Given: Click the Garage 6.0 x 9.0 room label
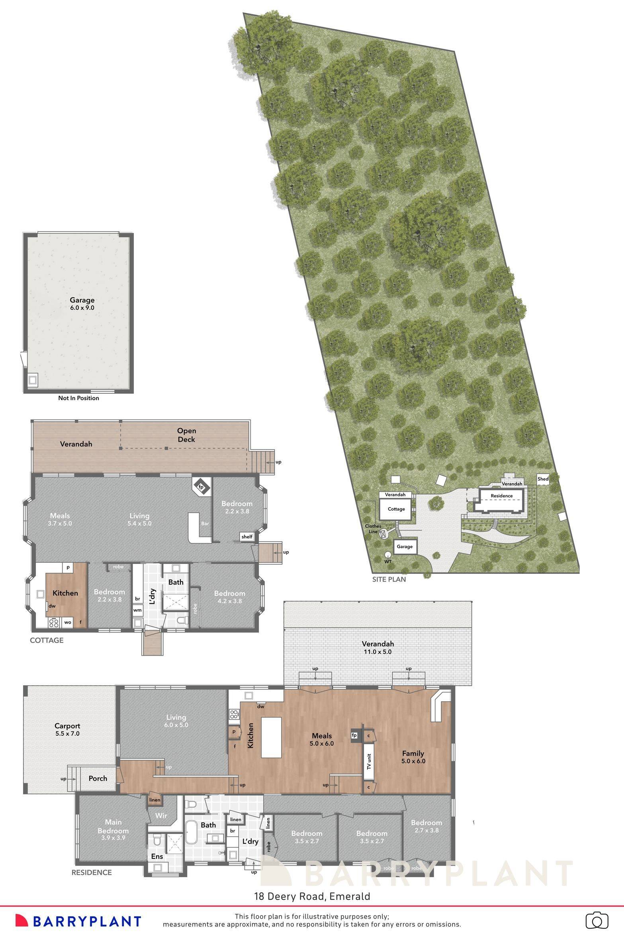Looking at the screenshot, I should click(x=82, y=304).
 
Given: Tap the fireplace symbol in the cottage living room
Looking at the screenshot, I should click(x=201, y=487).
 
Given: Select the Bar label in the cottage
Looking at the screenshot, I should click(x=205, y=523).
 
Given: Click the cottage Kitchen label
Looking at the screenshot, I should click(x=65, y=593).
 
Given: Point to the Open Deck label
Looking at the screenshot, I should click(x=186, y=435).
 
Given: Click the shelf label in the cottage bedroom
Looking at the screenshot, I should click(x=247, y=536).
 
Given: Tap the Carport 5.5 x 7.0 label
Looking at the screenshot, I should click(x=67, y=729).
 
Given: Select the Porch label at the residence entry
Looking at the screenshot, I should click(x=98, y=778).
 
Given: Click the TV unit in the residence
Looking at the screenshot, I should click(x=369, y=761).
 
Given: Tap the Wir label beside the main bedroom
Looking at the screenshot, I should click(x=161, y=816).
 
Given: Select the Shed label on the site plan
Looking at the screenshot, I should click(x=543, y=479).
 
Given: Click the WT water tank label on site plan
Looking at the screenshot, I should click(x=388, y=562).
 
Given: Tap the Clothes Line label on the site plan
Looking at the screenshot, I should click(x=373, y=528).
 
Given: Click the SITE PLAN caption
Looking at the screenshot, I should click(x=389, y=579).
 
